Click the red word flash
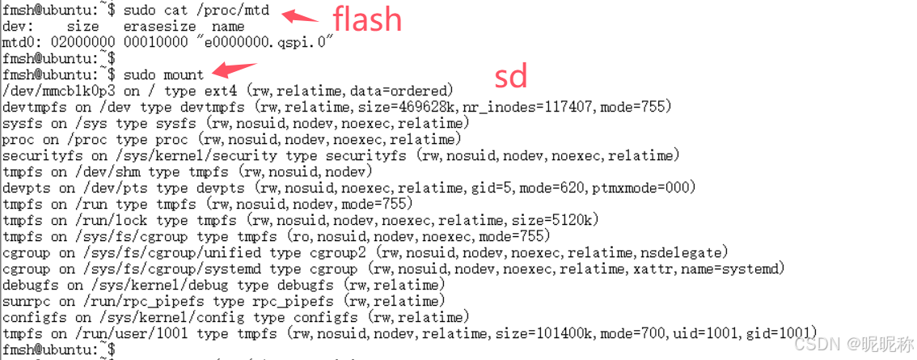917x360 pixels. click(x=367, y=19)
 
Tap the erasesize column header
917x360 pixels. click(x=158, y=27)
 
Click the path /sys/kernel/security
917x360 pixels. click(x=175, y=155)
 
